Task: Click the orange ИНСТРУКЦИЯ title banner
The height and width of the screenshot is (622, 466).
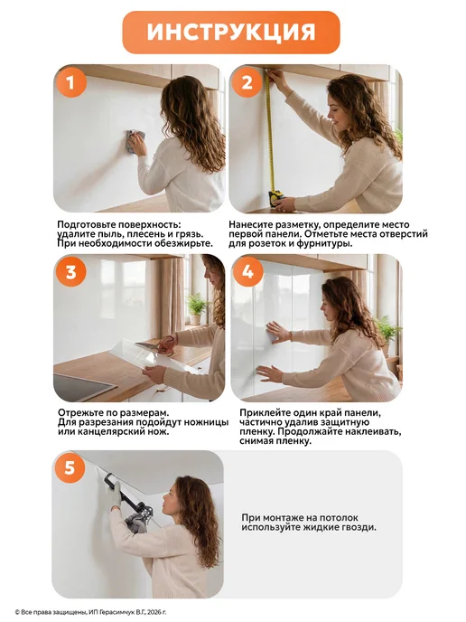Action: [x=231, y=33]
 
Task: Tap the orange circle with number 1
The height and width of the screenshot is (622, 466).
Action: [x=70, y=83]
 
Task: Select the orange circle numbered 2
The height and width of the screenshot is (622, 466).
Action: [x=247, y=82]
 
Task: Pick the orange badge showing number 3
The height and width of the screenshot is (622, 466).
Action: [x=71, y=272]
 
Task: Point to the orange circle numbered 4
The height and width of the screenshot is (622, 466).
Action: [x=247, y=271]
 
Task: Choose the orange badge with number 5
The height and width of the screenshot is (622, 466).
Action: [x=70, y=468]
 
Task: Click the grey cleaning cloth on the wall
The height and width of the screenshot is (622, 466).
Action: [x=134, y=141]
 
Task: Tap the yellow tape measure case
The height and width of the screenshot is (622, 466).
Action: [x=276, y=197]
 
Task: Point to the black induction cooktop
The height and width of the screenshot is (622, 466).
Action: [x=79, y=386]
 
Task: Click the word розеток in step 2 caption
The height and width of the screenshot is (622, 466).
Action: [x=266, y=243]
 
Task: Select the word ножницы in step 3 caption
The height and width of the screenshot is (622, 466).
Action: [x=209, y=422]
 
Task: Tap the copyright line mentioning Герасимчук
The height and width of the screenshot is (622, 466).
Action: [x=90, y=612]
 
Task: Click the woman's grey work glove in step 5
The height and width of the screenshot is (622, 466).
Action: [x=115, y=495]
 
